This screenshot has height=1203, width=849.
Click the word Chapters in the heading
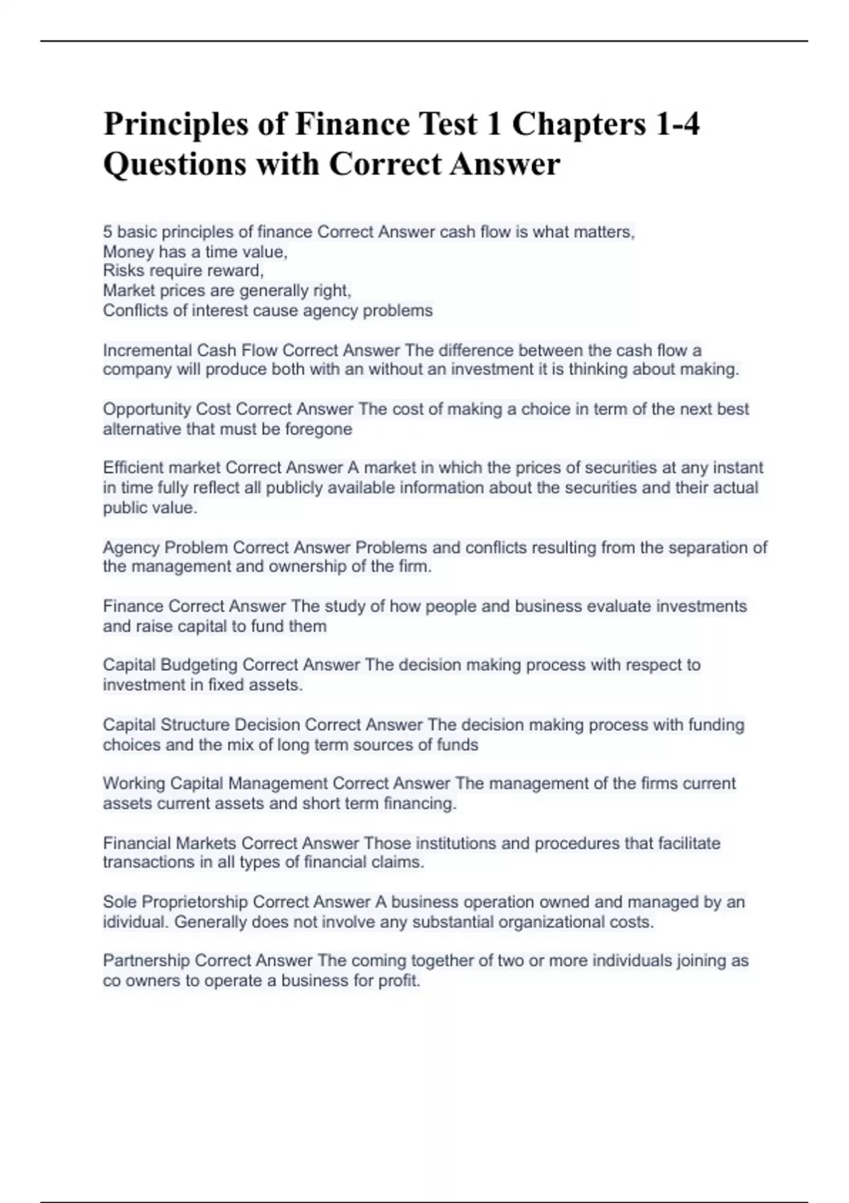coord(579,125)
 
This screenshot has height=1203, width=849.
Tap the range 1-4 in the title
coord(678,125)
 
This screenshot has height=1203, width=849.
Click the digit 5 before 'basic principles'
coord(108,232)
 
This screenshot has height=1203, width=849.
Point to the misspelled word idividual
coord(134,922)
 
